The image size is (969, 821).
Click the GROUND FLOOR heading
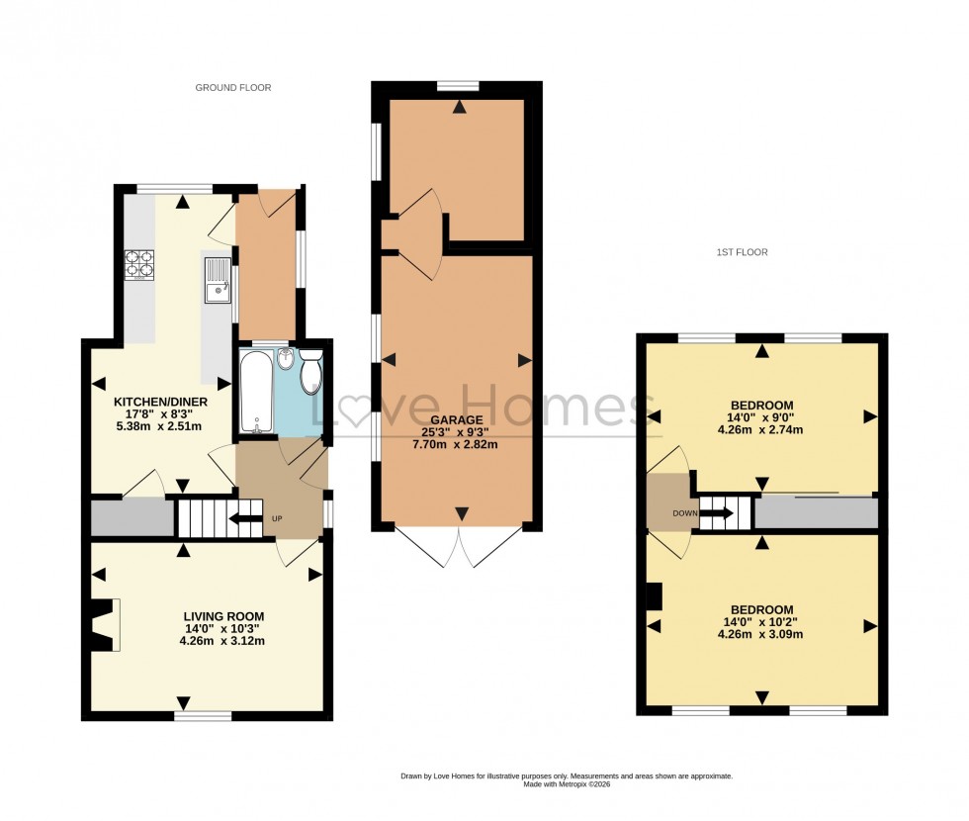point(232,88)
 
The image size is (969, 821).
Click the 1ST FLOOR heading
point(742,252)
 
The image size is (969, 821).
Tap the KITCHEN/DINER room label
point(158,402)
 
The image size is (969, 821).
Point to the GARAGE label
point(456,419)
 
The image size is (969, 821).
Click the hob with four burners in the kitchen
point(138,263)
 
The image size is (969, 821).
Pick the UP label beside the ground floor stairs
point(277,519)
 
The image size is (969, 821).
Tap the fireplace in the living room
point(104,625)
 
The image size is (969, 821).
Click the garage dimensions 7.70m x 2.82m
point(456,444)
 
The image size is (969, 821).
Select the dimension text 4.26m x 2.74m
point(761,429)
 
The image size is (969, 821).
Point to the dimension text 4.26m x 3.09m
point(761,634)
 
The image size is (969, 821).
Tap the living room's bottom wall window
point(204,714)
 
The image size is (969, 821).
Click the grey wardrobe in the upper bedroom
point(816,513)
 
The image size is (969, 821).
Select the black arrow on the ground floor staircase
point(244,518)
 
